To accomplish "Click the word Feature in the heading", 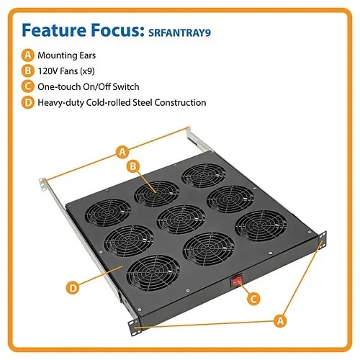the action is tap(54, 30).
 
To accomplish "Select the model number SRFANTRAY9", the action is tap(179, 32).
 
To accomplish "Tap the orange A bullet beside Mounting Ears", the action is tap(28, 55).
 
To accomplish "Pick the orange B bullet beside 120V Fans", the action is tap(28, 71).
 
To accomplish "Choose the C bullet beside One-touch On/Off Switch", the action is tap(28, 86).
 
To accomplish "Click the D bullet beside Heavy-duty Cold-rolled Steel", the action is tap(28, 102).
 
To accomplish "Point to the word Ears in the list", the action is tap(88, 55).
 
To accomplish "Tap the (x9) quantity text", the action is tap(87, 71).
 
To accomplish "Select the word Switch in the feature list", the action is tap(126, 86).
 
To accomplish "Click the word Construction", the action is tap(180, 102).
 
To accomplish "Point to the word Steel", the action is tap(143, 102).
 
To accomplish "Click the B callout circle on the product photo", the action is tap(133, 166).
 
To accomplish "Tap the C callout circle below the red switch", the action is tap(253, 299).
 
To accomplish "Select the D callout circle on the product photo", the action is tap(73, 287).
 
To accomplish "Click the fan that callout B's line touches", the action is tap(156, 194).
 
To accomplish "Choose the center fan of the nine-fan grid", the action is tap(181, 220).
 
